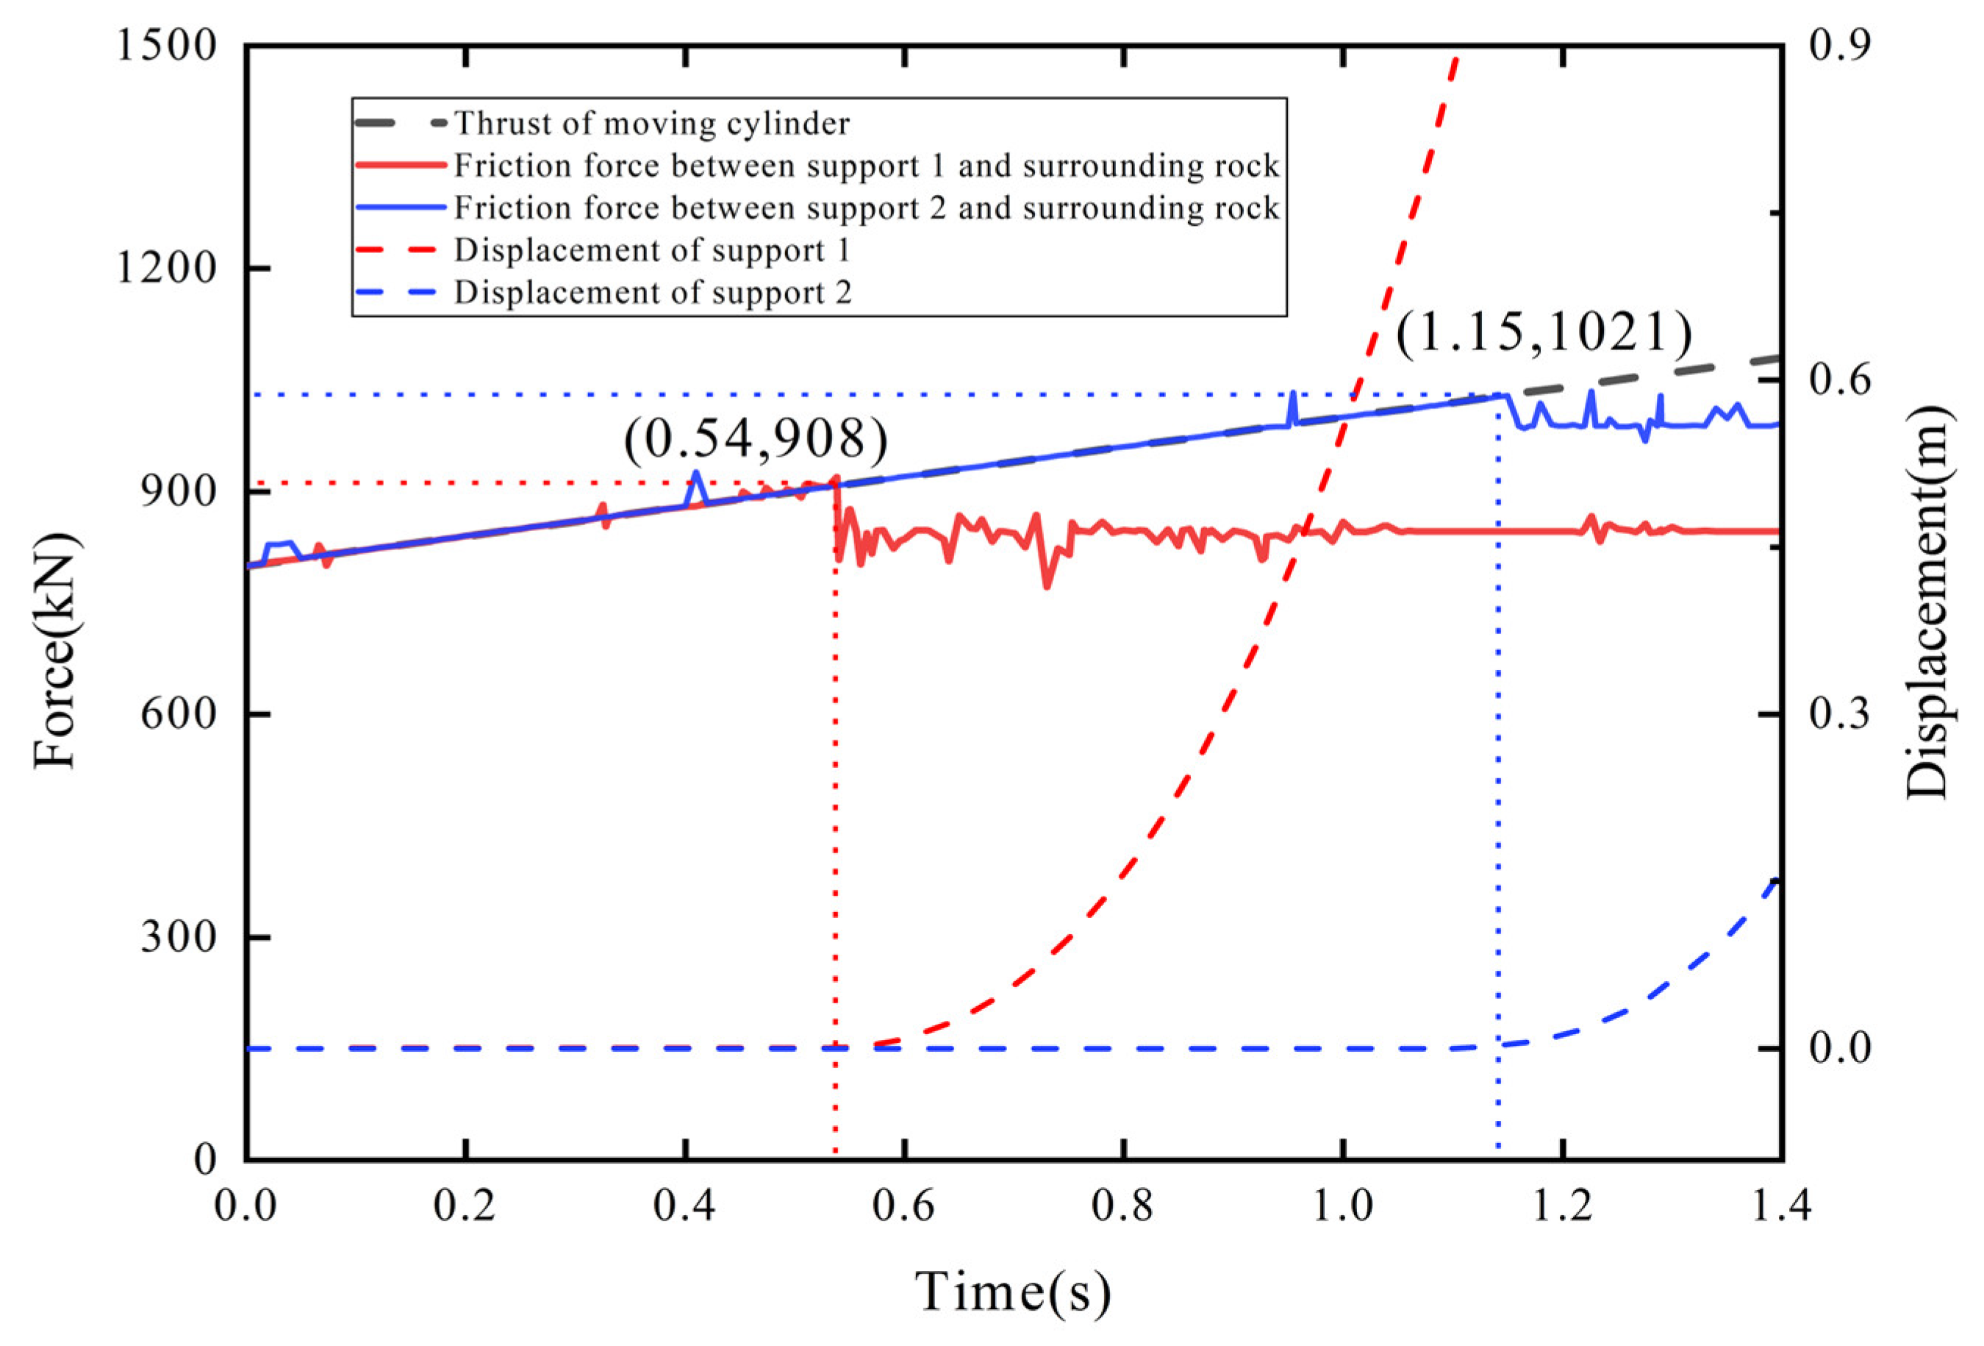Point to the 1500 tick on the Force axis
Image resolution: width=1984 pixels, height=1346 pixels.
pos(166,44)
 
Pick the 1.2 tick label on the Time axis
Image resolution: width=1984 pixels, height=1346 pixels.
pos(1562,1207)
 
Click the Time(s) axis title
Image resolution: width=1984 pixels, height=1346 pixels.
pos(1014,1291)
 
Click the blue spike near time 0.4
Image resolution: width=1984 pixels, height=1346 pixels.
pos(696,474)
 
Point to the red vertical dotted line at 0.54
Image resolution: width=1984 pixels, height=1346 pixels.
pos(835,854)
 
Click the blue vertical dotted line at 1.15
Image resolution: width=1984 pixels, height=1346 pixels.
pos(1499,769)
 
